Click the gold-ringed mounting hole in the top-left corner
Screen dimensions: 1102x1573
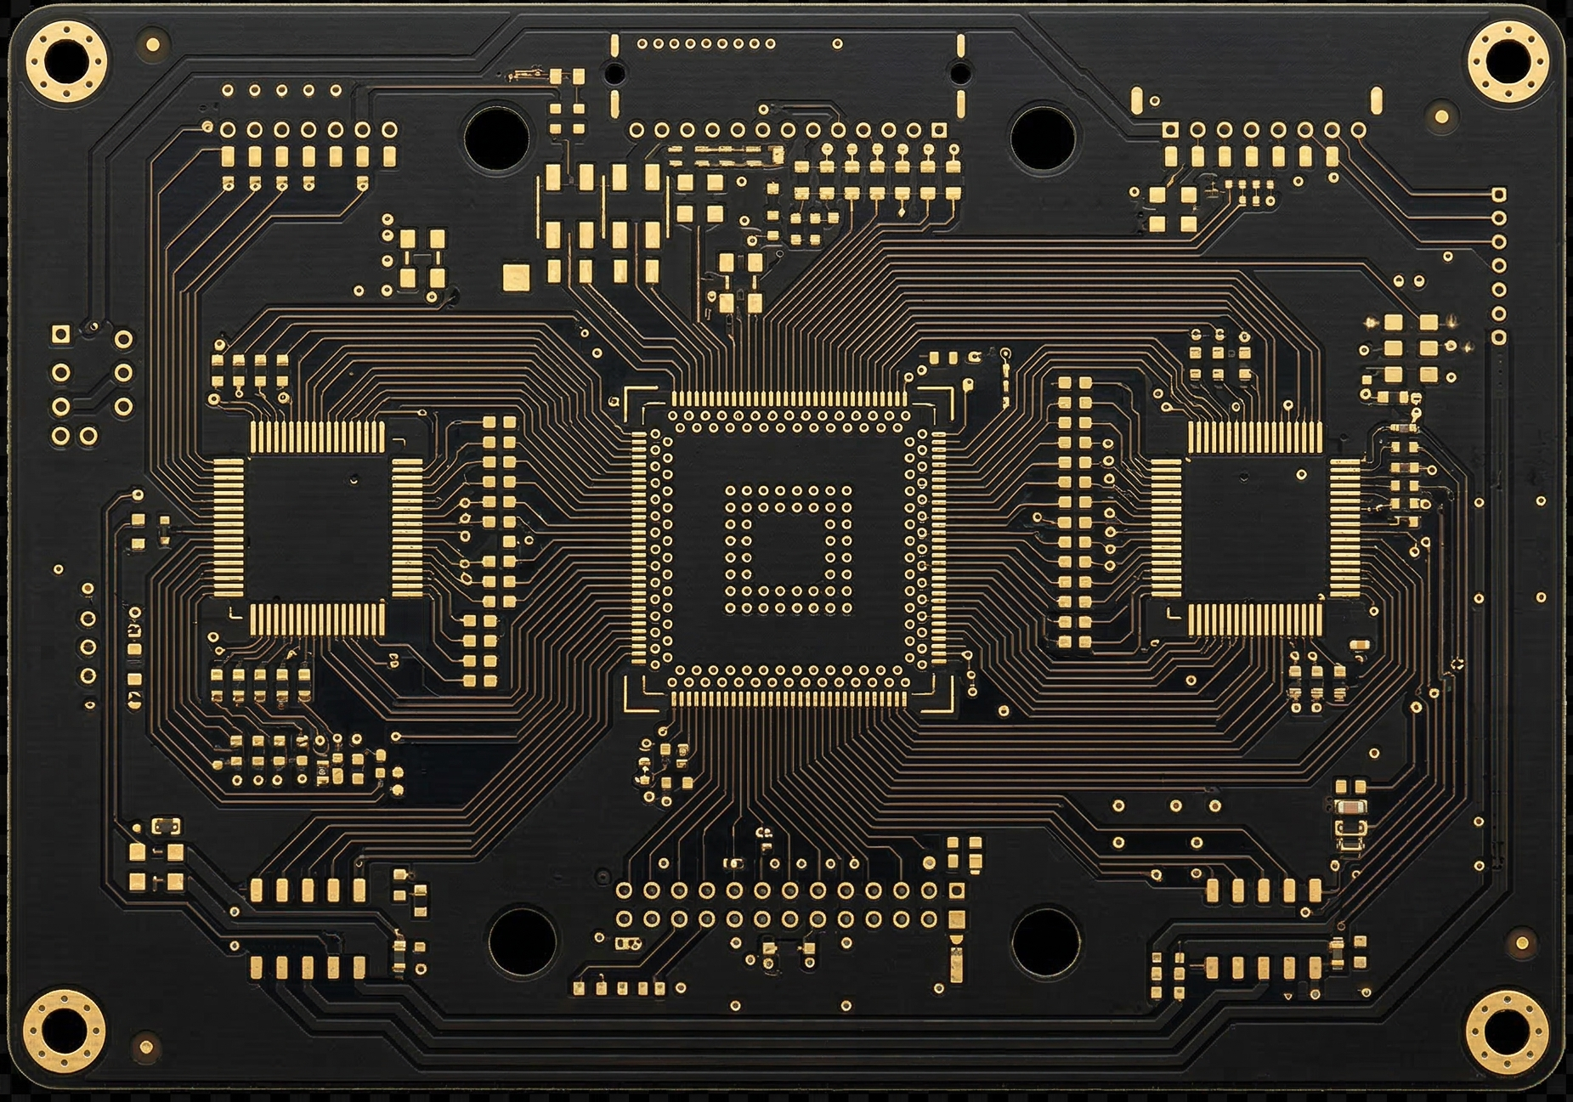pyautogui.click(x=65, y=62)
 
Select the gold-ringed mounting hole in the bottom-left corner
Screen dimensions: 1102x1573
pyautogui.click(x=64, y=1031)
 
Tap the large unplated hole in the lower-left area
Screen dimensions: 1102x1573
pyautogui.click(x=522, y=941)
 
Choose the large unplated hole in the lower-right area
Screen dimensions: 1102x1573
pyautogui.click(x=1046, y=941)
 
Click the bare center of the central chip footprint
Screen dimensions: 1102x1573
pyautogui.click(x=787, y=549)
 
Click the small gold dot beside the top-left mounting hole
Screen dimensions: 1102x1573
pyautogui.click(x=153, y=44)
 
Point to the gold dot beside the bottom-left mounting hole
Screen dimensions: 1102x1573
pyautogui.click(x=146, y=1045)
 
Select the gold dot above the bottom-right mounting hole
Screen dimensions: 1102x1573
pyautogui.click(x=1521, y=942)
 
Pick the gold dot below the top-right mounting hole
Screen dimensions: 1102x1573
pyautogui.click(x=1442, y=116)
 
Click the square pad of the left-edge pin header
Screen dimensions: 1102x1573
pyautogui.click(x=59, y=335)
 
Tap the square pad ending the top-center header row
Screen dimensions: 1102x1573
pyautogui.click(x=939, y=130)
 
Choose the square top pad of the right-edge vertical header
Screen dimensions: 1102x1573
pyautogui.click(x=1498, y=195)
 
